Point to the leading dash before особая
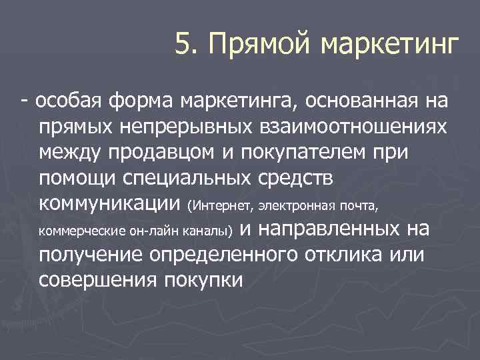coord(24,101)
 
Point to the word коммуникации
coord(110,203)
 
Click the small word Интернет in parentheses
coord(220,204)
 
